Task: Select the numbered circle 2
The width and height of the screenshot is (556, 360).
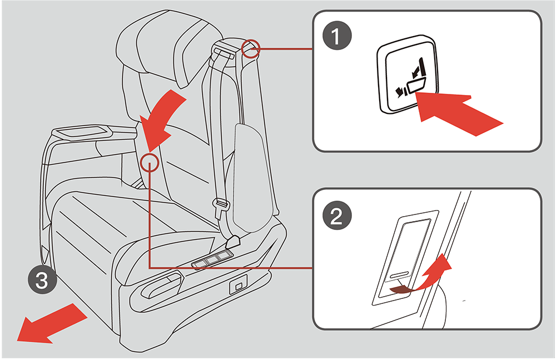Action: coord(337,216)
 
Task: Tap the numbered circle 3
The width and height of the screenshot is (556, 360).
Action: coord(42,280)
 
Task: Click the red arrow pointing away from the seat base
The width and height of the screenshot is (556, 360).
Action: coord(51,324)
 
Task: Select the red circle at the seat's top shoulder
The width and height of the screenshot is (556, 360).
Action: coord(251,48)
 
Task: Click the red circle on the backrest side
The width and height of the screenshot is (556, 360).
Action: coord(149,162)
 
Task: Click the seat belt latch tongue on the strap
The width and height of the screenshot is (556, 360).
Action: coord(221,205)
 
